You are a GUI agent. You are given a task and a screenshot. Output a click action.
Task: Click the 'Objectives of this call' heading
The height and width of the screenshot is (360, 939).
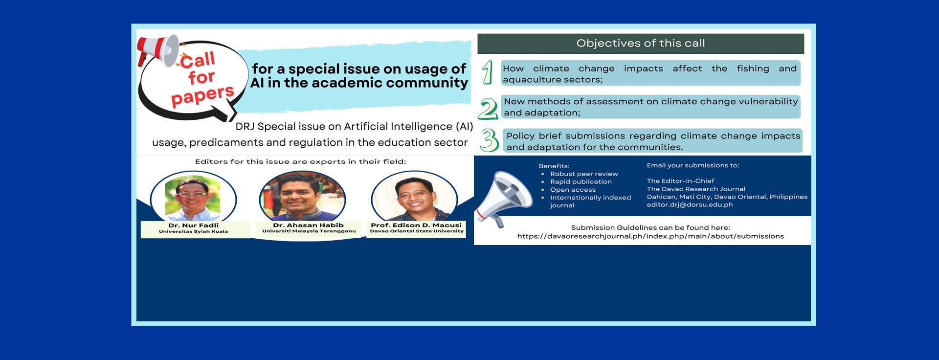[641, 43]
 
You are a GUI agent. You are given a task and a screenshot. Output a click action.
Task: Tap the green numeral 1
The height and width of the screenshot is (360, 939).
[487, 72]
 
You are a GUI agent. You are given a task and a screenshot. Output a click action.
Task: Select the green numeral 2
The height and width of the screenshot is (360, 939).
[488, 109]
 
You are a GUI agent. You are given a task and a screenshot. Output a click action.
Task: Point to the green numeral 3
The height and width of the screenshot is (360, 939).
[489, 140]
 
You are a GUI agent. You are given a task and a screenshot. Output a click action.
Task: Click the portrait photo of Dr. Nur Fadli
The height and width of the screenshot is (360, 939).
[193, 198]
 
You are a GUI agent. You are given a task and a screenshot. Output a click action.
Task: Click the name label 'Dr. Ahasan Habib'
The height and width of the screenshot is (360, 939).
[308, 225]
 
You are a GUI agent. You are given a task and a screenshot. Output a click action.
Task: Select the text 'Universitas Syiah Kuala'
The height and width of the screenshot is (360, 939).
[193, 231]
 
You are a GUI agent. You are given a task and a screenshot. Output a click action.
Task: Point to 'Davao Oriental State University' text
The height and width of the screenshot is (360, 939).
[417, 231]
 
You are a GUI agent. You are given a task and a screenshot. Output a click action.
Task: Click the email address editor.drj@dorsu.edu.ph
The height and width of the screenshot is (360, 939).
[690, 204]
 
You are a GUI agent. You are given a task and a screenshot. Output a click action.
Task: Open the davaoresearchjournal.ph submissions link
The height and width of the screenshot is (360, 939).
[650, 236]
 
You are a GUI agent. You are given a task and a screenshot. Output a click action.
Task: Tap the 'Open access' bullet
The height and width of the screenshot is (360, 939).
[573, 190]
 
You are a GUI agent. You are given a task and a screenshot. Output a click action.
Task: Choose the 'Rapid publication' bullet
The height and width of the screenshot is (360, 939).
[581, 182]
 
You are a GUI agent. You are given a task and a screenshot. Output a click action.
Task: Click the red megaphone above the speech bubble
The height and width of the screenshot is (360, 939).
[158, 49]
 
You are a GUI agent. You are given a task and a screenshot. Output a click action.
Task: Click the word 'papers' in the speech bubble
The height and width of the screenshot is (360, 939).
[202, 95]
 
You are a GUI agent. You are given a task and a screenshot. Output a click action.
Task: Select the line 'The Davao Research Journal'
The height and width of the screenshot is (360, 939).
[696, 189]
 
